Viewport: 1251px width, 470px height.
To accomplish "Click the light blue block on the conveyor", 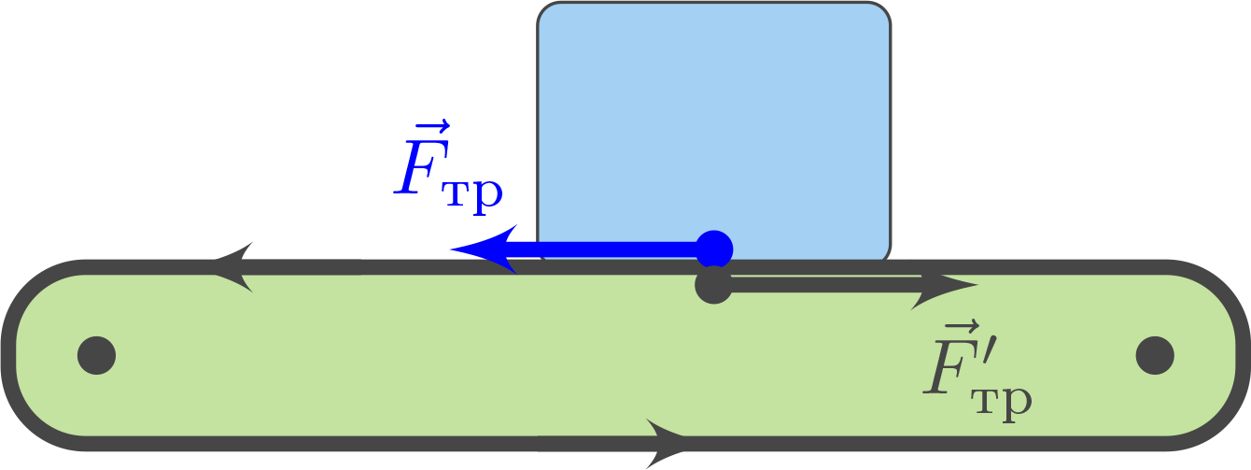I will (714, 121).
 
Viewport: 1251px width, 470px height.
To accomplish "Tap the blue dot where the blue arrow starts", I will (714, 249).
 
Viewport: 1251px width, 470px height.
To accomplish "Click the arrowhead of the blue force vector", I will (485, 249).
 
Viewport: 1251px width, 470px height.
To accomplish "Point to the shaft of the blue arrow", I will (607, 249).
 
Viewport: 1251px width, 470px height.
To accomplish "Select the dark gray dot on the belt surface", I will (714, 285).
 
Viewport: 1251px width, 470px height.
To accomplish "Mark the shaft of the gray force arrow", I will (822, 285).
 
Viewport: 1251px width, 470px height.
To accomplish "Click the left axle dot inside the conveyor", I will (96, 355).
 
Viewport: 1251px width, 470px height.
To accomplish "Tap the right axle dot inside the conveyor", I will (1155, 355).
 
